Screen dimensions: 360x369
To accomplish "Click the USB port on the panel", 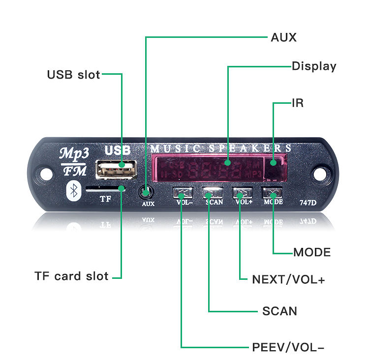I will [116, 170].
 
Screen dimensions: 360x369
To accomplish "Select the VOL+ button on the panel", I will [242, 192].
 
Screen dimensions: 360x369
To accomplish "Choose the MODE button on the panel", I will [273, 192].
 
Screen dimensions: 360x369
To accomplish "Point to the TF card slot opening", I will [105, 188].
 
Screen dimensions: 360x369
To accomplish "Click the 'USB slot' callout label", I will [73, 75].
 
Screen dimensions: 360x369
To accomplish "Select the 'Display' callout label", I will [314, 66].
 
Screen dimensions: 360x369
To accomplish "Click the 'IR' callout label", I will [298, 103].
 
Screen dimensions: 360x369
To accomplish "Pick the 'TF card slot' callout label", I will [71, 276].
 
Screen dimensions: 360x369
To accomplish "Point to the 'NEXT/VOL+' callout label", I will [288, 279].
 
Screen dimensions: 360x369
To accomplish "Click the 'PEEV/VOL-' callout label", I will [288, 347].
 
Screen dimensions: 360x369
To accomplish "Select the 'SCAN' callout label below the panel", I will [279, 311].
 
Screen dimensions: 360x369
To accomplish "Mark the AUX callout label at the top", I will [284, 37].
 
